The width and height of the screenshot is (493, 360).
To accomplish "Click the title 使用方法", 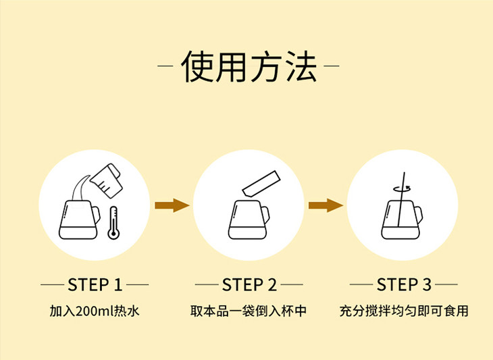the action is tap(249, 66).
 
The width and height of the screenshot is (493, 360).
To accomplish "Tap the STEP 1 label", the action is tap(95, 285).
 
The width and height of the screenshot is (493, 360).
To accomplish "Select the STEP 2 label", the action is tap(249, 285).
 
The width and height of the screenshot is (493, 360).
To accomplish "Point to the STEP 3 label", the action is tap(404, 285).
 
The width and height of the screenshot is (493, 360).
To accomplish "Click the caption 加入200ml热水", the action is tap(95, 311).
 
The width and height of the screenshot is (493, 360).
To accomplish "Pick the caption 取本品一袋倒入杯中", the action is tap(249, 311).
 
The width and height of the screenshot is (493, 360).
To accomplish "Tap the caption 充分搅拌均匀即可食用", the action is tap(404, 311).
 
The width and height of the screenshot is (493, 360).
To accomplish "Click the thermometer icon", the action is tap(113, 223).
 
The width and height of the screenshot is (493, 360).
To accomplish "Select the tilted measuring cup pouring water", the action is tap(106, 180).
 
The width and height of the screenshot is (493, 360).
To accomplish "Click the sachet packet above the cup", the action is tap(261, 184).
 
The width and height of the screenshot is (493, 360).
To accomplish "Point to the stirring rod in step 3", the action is tap(401, 199).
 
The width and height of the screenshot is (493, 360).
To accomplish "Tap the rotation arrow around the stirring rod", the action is tap(402, 188).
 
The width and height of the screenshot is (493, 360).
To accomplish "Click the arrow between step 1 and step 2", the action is tap(172, 205).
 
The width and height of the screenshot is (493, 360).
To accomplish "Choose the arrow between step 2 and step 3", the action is tap(326, 205).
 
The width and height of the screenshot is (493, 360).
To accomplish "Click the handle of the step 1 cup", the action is tap(96, 215).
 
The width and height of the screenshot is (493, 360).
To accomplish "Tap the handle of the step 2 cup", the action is tap(265, 215).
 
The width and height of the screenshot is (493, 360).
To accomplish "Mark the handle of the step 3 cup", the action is tap(419, 215).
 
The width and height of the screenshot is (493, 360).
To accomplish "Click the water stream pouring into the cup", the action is tap(78, 188).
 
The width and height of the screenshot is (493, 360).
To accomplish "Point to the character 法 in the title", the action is tap(301, 66).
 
